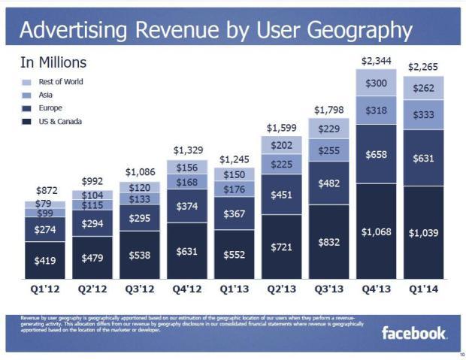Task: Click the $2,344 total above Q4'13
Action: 376,59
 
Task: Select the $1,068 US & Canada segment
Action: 376,232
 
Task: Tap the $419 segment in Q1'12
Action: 45,260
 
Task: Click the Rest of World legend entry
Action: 61,82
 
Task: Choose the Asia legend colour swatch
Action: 27,95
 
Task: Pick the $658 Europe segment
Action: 376,155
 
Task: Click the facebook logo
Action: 414,332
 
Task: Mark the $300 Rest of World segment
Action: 376,83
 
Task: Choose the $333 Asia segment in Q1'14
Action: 423,116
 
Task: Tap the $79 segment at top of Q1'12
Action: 45,204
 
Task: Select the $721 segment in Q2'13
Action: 281,247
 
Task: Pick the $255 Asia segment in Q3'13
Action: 328,150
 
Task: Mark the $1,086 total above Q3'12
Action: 140,173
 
